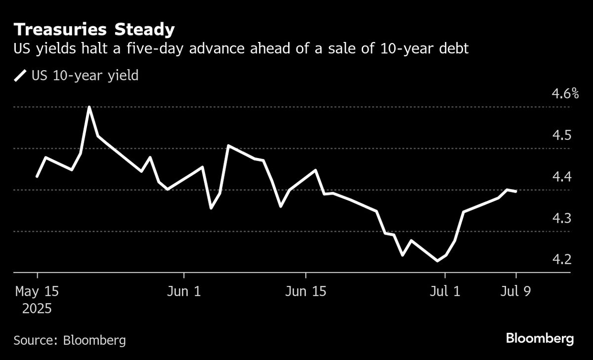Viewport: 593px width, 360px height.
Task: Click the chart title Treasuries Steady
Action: click(94, 30)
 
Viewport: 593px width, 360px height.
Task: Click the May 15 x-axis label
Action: click(37, 292)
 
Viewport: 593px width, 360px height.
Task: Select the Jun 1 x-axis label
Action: click(184, 292)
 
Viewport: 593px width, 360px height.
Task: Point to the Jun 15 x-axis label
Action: click(306, 292)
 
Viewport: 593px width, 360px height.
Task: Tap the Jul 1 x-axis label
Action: click(445, 292)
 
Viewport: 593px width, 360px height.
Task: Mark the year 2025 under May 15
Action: click(37, 309)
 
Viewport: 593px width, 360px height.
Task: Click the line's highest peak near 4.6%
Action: click(89, 107)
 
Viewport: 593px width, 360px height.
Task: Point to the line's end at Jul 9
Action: click(516, 191)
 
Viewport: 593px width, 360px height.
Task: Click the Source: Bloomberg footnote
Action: click(70, 340)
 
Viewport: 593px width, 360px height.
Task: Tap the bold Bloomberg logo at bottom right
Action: click(540, 339)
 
